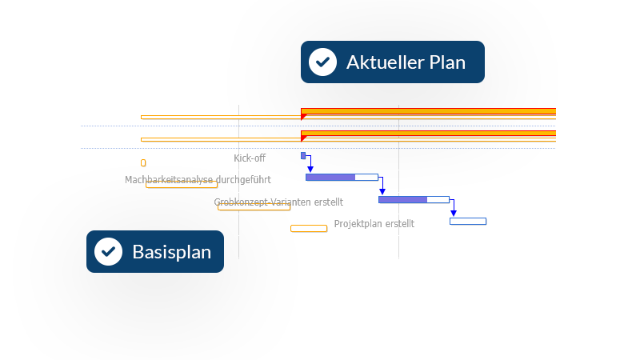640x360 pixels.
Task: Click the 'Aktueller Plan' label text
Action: point(406,62)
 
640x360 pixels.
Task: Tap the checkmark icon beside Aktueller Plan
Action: point(322,62)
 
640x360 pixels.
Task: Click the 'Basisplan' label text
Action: point(171,252)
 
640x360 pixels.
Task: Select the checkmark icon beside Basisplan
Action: point(108,252)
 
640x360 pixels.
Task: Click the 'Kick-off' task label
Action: point(250,158)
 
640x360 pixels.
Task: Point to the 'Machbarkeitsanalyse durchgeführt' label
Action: point(197,180)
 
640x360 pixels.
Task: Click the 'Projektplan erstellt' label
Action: point(374,224)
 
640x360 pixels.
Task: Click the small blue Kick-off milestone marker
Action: point(303,155)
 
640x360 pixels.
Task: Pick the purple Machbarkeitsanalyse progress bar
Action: point(330,177)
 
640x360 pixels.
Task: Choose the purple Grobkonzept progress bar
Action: point(402,199)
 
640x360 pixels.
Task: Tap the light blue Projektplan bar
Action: point(467,221)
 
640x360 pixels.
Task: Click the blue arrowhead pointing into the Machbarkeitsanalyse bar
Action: point(310,170)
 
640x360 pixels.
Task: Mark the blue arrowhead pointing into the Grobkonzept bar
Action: point(382,191)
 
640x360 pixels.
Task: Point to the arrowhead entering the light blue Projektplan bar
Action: point(453,214)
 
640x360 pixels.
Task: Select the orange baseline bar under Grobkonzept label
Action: point(254,207)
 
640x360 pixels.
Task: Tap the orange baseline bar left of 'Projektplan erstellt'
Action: point(309,229)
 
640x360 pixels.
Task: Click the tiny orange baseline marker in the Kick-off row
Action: point(143,163)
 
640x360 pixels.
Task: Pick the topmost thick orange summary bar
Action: point(428,111)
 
